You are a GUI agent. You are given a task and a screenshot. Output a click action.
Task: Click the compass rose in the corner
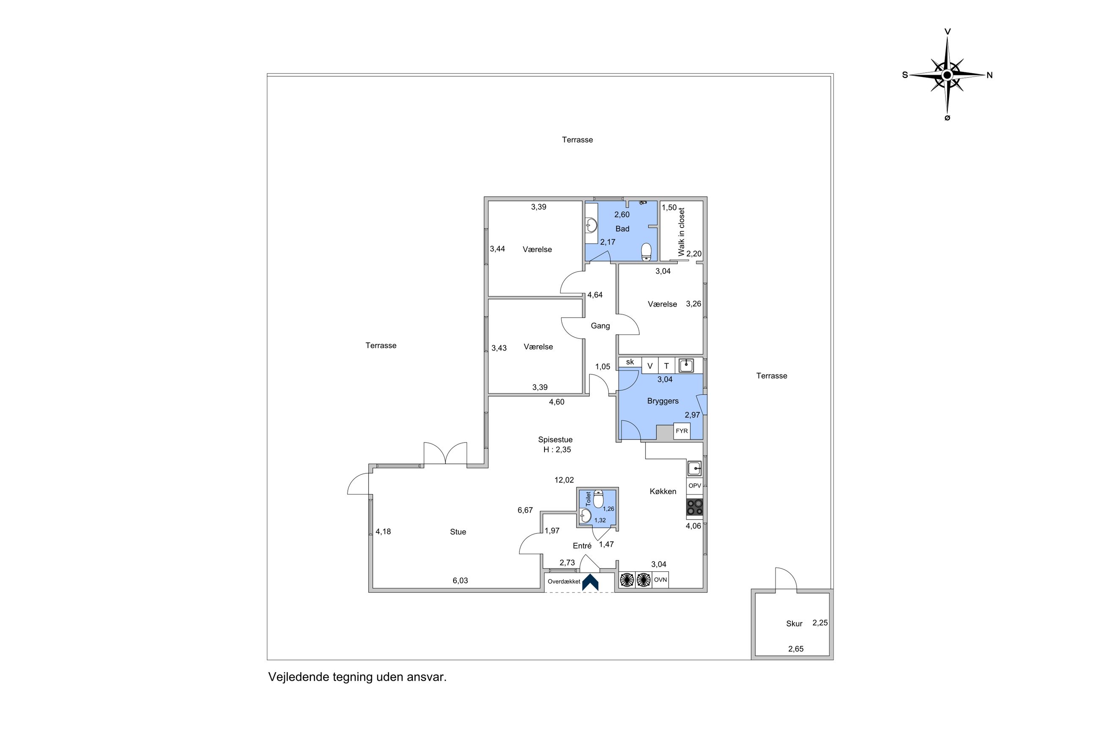(947, 75)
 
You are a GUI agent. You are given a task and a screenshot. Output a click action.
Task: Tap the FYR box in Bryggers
(682, 431)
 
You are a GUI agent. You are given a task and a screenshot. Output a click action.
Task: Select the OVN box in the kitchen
(660, 579)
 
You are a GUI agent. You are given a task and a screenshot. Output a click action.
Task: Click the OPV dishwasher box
(695, 486)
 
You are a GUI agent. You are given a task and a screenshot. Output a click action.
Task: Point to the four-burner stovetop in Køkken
(695, 508)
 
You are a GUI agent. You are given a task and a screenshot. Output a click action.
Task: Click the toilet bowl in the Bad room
(646, 252)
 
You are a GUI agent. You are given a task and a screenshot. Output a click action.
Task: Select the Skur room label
(794, 623)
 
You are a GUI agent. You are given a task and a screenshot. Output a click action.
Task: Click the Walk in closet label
(681, 232)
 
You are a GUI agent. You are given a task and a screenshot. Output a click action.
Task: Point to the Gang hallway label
(600, 326)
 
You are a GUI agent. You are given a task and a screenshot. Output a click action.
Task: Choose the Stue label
(458, 532)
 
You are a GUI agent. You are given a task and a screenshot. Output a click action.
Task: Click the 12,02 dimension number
(564, 480)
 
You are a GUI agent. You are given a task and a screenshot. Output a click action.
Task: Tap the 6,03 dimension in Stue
(460, 581)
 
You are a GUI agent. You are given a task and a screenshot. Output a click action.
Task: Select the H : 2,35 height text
(557, 450)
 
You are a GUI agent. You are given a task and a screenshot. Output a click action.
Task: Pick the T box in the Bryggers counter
(666, 366)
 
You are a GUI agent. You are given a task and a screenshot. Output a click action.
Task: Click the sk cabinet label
(630, 362)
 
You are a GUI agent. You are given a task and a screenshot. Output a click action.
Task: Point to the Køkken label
(663, 491)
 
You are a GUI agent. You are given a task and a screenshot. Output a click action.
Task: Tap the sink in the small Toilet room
(585, 516)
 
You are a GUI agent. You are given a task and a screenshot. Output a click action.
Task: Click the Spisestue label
(555, 440)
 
